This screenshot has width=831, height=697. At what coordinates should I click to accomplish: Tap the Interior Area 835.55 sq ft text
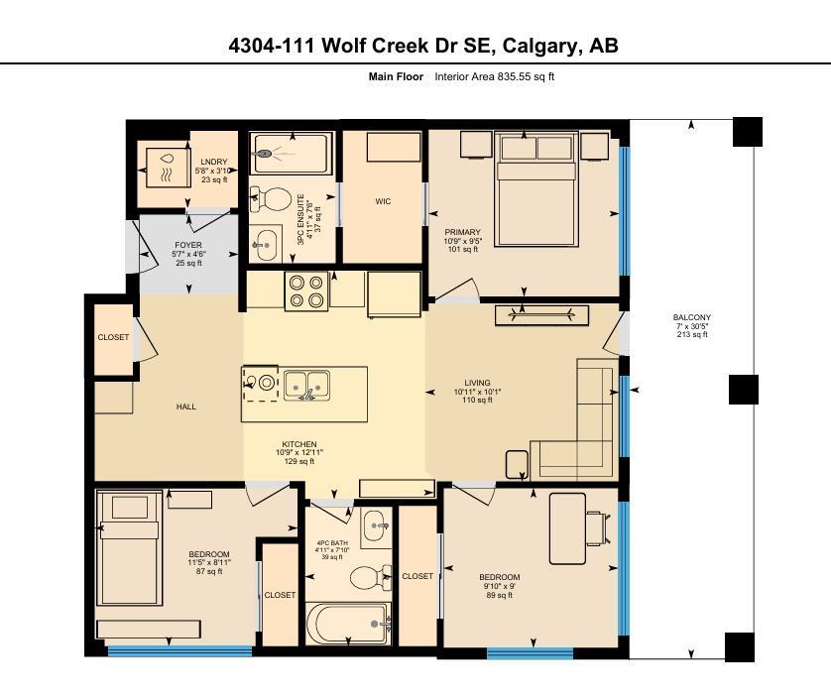pyautogui.click(x=494, y=76)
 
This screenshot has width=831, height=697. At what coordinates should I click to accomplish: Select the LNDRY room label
pyautogui.click(x=213, y=162)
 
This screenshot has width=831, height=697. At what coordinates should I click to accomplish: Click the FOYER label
pyautogui.click(x=188, y=245)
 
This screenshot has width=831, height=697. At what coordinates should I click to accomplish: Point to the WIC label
pyautogui.click(x=383, y=201)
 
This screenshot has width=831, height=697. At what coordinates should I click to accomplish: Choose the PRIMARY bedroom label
pyautogui.click(x=462, y=232)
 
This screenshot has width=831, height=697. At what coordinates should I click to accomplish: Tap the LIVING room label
pyautogui.click(x=477, y=383)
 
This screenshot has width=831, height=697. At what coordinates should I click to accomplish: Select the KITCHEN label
pyautogui.click(x=299, y=444)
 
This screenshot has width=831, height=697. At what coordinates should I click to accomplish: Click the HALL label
pyautogui.click(x=186, y=407)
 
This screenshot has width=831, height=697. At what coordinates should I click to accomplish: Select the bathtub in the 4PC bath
pyautogui.click(x=350, y=624)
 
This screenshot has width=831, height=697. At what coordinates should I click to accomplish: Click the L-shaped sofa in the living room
pyautogui.click(x=585, y=426)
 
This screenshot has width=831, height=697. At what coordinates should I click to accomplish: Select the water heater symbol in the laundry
pyautogui.click(x=166, y=166)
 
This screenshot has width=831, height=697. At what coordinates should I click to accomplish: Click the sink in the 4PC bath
pyautogui.click(x=375, y=526)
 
